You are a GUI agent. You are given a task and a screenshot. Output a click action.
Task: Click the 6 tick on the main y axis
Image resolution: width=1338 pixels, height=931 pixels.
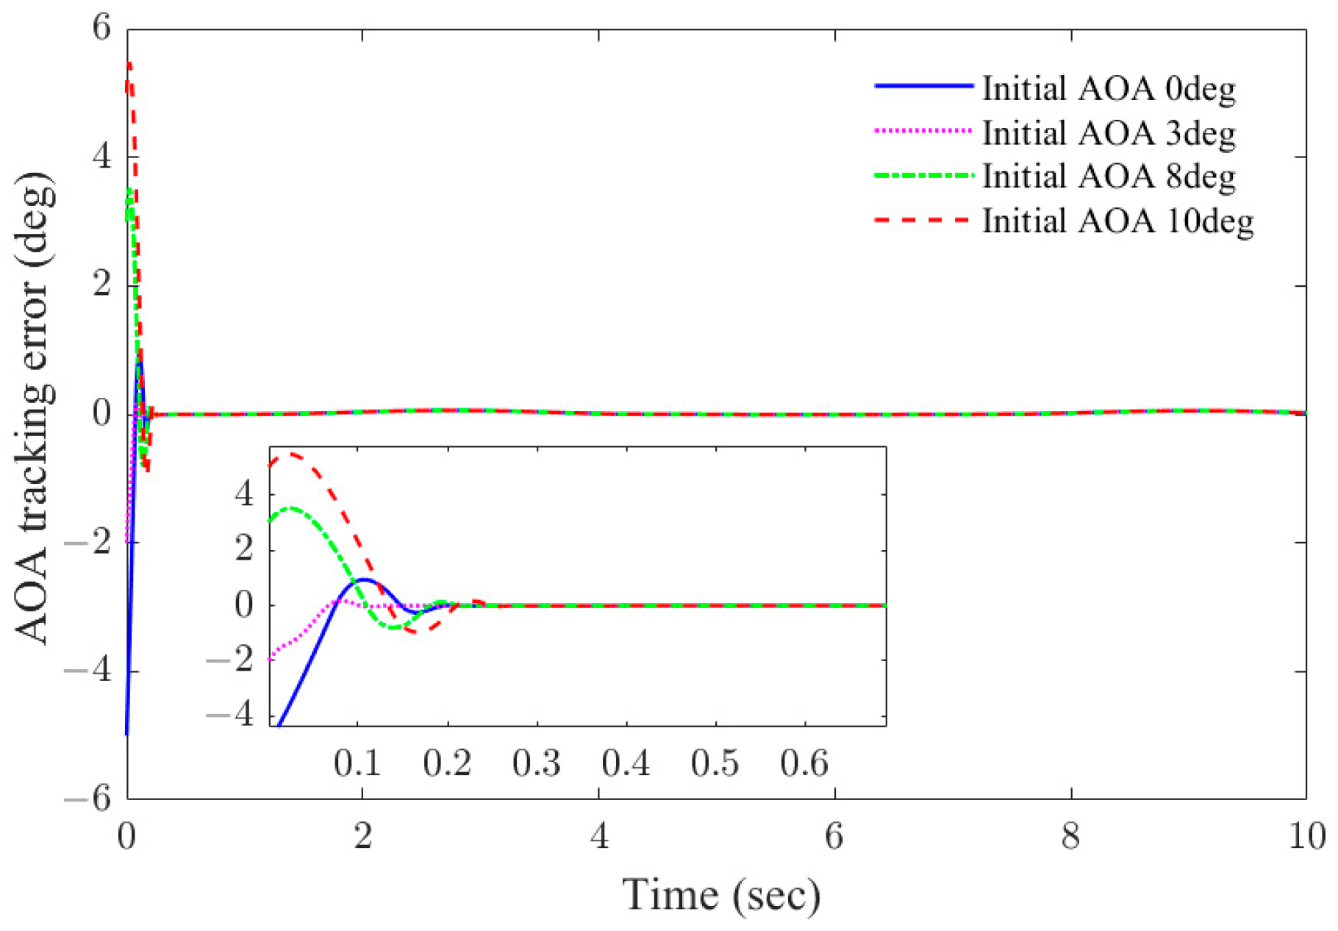101,29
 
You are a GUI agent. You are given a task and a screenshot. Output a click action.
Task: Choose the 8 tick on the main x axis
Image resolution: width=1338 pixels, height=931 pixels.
1070,837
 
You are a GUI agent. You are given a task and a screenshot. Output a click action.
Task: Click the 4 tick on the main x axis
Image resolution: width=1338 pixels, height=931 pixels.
599,837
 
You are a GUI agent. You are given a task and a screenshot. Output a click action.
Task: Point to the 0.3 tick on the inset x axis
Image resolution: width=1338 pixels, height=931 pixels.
537,763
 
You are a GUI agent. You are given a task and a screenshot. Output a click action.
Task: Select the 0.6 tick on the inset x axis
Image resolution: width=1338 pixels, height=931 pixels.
804,763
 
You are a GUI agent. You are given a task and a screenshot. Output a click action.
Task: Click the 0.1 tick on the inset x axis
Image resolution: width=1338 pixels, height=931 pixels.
357,763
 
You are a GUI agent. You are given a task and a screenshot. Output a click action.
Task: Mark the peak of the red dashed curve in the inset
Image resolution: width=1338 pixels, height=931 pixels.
291,454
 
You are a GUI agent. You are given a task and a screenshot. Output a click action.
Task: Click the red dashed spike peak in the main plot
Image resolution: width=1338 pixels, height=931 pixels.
129,65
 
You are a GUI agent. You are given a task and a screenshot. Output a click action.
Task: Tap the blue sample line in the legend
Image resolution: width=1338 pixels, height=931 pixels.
923,87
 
